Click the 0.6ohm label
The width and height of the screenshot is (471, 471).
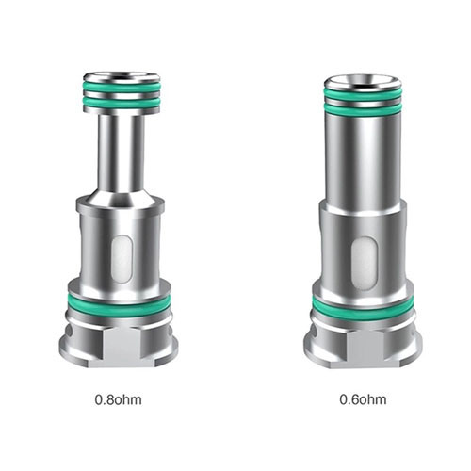364,398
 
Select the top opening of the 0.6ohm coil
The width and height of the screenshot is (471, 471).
363,78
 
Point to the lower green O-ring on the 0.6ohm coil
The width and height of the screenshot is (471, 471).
363,307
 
